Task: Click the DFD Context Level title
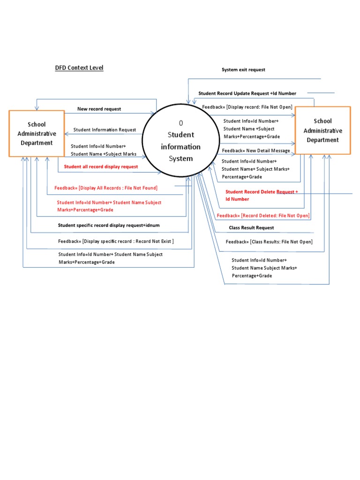[x=79, y=68]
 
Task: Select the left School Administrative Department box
[x=37, y=134]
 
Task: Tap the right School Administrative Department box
[x=322, y=130]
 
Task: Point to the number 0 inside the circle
[x=181, y=123]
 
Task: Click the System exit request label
[x=243, y=70]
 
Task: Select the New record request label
[x=99, y=109]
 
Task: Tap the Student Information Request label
[x=105, y=130]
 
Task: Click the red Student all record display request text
[x=101, y=166]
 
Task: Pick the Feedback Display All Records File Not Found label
[x=106, y=188]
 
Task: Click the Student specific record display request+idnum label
[x=109, y=225]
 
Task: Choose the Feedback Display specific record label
[x=116, y=241]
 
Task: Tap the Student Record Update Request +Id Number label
[x=247, y=94]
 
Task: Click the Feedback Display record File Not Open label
[x=247, y=107]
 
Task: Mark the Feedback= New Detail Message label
[x=255, y=151]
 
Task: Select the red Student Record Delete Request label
[x=261, y=192]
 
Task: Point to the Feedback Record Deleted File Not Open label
[x=263, y=216]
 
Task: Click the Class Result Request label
[x=251, y=228]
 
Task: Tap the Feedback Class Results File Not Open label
[x=269, y=242]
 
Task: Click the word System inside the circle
[x=181, y=158]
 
